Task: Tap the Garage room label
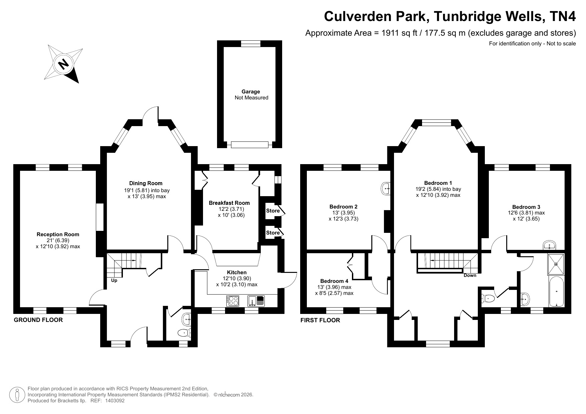click(251, 92)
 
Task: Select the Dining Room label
click(146, 183)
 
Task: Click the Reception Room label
click(58, 235)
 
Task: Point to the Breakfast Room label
click(229, 203)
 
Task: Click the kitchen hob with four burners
click(233, 301)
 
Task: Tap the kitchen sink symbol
click(256, 301)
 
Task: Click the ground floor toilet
click(184, 332)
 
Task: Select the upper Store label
click(273, 211)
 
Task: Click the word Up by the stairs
click(114, 281)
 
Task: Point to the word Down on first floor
click(470, 276)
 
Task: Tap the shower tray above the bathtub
click(556, 264)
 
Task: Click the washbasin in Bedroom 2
click(386, 188)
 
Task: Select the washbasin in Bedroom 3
click(549, 245)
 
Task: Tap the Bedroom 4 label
click(334, 281)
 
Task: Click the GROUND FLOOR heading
click(38, 320)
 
